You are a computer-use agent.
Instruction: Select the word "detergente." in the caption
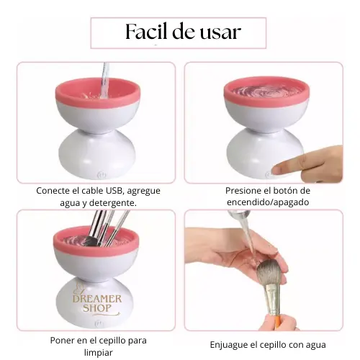(113, 203)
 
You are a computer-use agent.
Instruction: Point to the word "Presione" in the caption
(242, 191)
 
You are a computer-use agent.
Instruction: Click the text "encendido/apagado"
(268, 202)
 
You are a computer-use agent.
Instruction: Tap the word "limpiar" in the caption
(98, 353)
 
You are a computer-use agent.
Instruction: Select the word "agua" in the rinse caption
(316, 346)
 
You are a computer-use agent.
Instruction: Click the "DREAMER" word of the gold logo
(97, 299)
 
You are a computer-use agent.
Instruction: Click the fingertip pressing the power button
(279, 170)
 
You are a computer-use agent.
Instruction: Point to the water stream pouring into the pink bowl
(104, 79)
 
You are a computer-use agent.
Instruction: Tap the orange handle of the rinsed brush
(276, 322)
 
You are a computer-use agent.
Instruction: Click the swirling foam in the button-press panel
(266, 91)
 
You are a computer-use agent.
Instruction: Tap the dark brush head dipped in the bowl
(89, 241)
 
